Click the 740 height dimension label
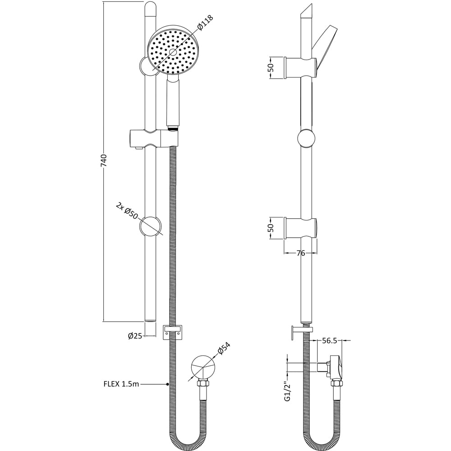click(104, 161)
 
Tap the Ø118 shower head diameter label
click(205, 23)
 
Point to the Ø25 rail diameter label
click(135, 336)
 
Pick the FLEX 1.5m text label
click(121, 384)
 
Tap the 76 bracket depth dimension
click(300, 253)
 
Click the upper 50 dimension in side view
click(271, 68)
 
